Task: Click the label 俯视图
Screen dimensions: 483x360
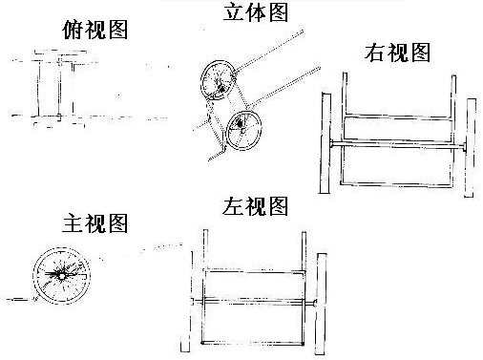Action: [95, 30]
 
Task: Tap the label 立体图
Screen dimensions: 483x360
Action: [256, 11]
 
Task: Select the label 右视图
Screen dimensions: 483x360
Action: [397, 53]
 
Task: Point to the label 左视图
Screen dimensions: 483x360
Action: [255, 206]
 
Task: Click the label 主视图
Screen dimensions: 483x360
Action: [94, 222]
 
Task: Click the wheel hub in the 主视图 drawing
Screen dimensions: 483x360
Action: [61, 276]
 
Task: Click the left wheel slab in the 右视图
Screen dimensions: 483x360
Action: [325, 143]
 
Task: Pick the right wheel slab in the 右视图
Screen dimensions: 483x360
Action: [471, 148]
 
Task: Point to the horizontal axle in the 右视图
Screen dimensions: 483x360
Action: [398, 145]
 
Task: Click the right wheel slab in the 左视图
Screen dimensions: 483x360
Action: [321, 304]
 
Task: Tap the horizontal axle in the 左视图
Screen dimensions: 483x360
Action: [254, 302]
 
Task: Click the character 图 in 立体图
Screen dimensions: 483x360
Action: [279, 12]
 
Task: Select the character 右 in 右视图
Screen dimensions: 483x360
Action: [374, 53]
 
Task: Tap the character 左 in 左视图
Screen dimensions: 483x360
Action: [232, 206]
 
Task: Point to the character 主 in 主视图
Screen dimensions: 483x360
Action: [72, 223]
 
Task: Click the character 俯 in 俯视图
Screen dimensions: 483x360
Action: [73, 30]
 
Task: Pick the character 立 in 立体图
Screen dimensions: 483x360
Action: [233, 12]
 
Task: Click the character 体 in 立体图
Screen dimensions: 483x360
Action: [256, 12]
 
